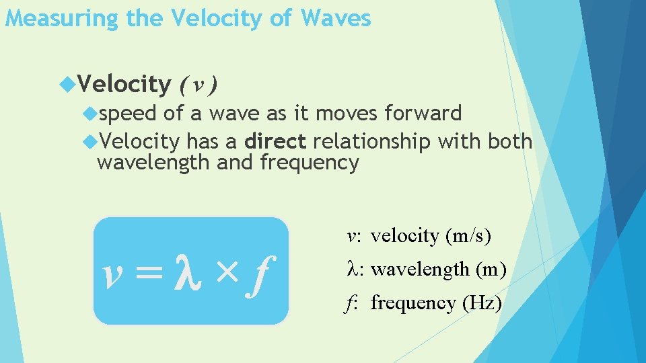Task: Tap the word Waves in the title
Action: click(336, 18)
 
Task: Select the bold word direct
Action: click(276, 142)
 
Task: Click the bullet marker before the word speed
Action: click(92, 114)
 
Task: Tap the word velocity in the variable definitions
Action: click(404, 236)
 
